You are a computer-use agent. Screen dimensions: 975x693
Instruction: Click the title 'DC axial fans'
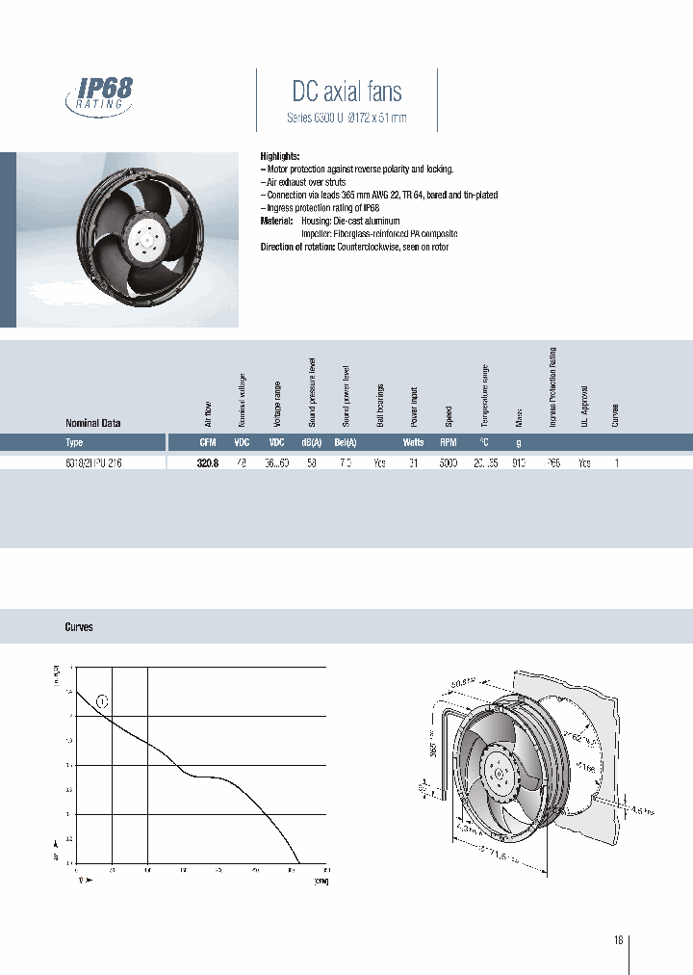pos(346,92)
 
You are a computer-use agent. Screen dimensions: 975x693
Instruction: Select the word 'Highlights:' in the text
pos(280,156)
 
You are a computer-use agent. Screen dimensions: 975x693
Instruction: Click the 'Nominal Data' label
pos(92,423)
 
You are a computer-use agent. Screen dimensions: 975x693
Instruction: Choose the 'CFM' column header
pos(207,443)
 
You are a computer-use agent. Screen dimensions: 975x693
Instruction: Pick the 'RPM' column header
pos(448,443)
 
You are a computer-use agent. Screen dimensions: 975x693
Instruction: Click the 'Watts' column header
pos(413,443)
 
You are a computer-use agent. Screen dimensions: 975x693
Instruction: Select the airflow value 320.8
pos(207,462)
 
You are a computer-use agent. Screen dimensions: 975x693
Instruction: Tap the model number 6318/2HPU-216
pos(93,462)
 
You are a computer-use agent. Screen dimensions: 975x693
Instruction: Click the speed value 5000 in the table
pos(449,462)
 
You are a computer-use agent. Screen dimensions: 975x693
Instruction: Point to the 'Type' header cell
pos(74,443)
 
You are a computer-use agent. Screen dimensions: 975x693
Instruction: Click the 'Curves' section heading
pos(79,627)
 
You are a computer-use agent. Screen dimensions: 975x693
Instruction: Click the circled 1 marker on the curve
pos(102,700)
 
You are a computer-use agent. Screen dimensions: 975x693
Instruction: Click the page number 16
pos(618,940)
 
